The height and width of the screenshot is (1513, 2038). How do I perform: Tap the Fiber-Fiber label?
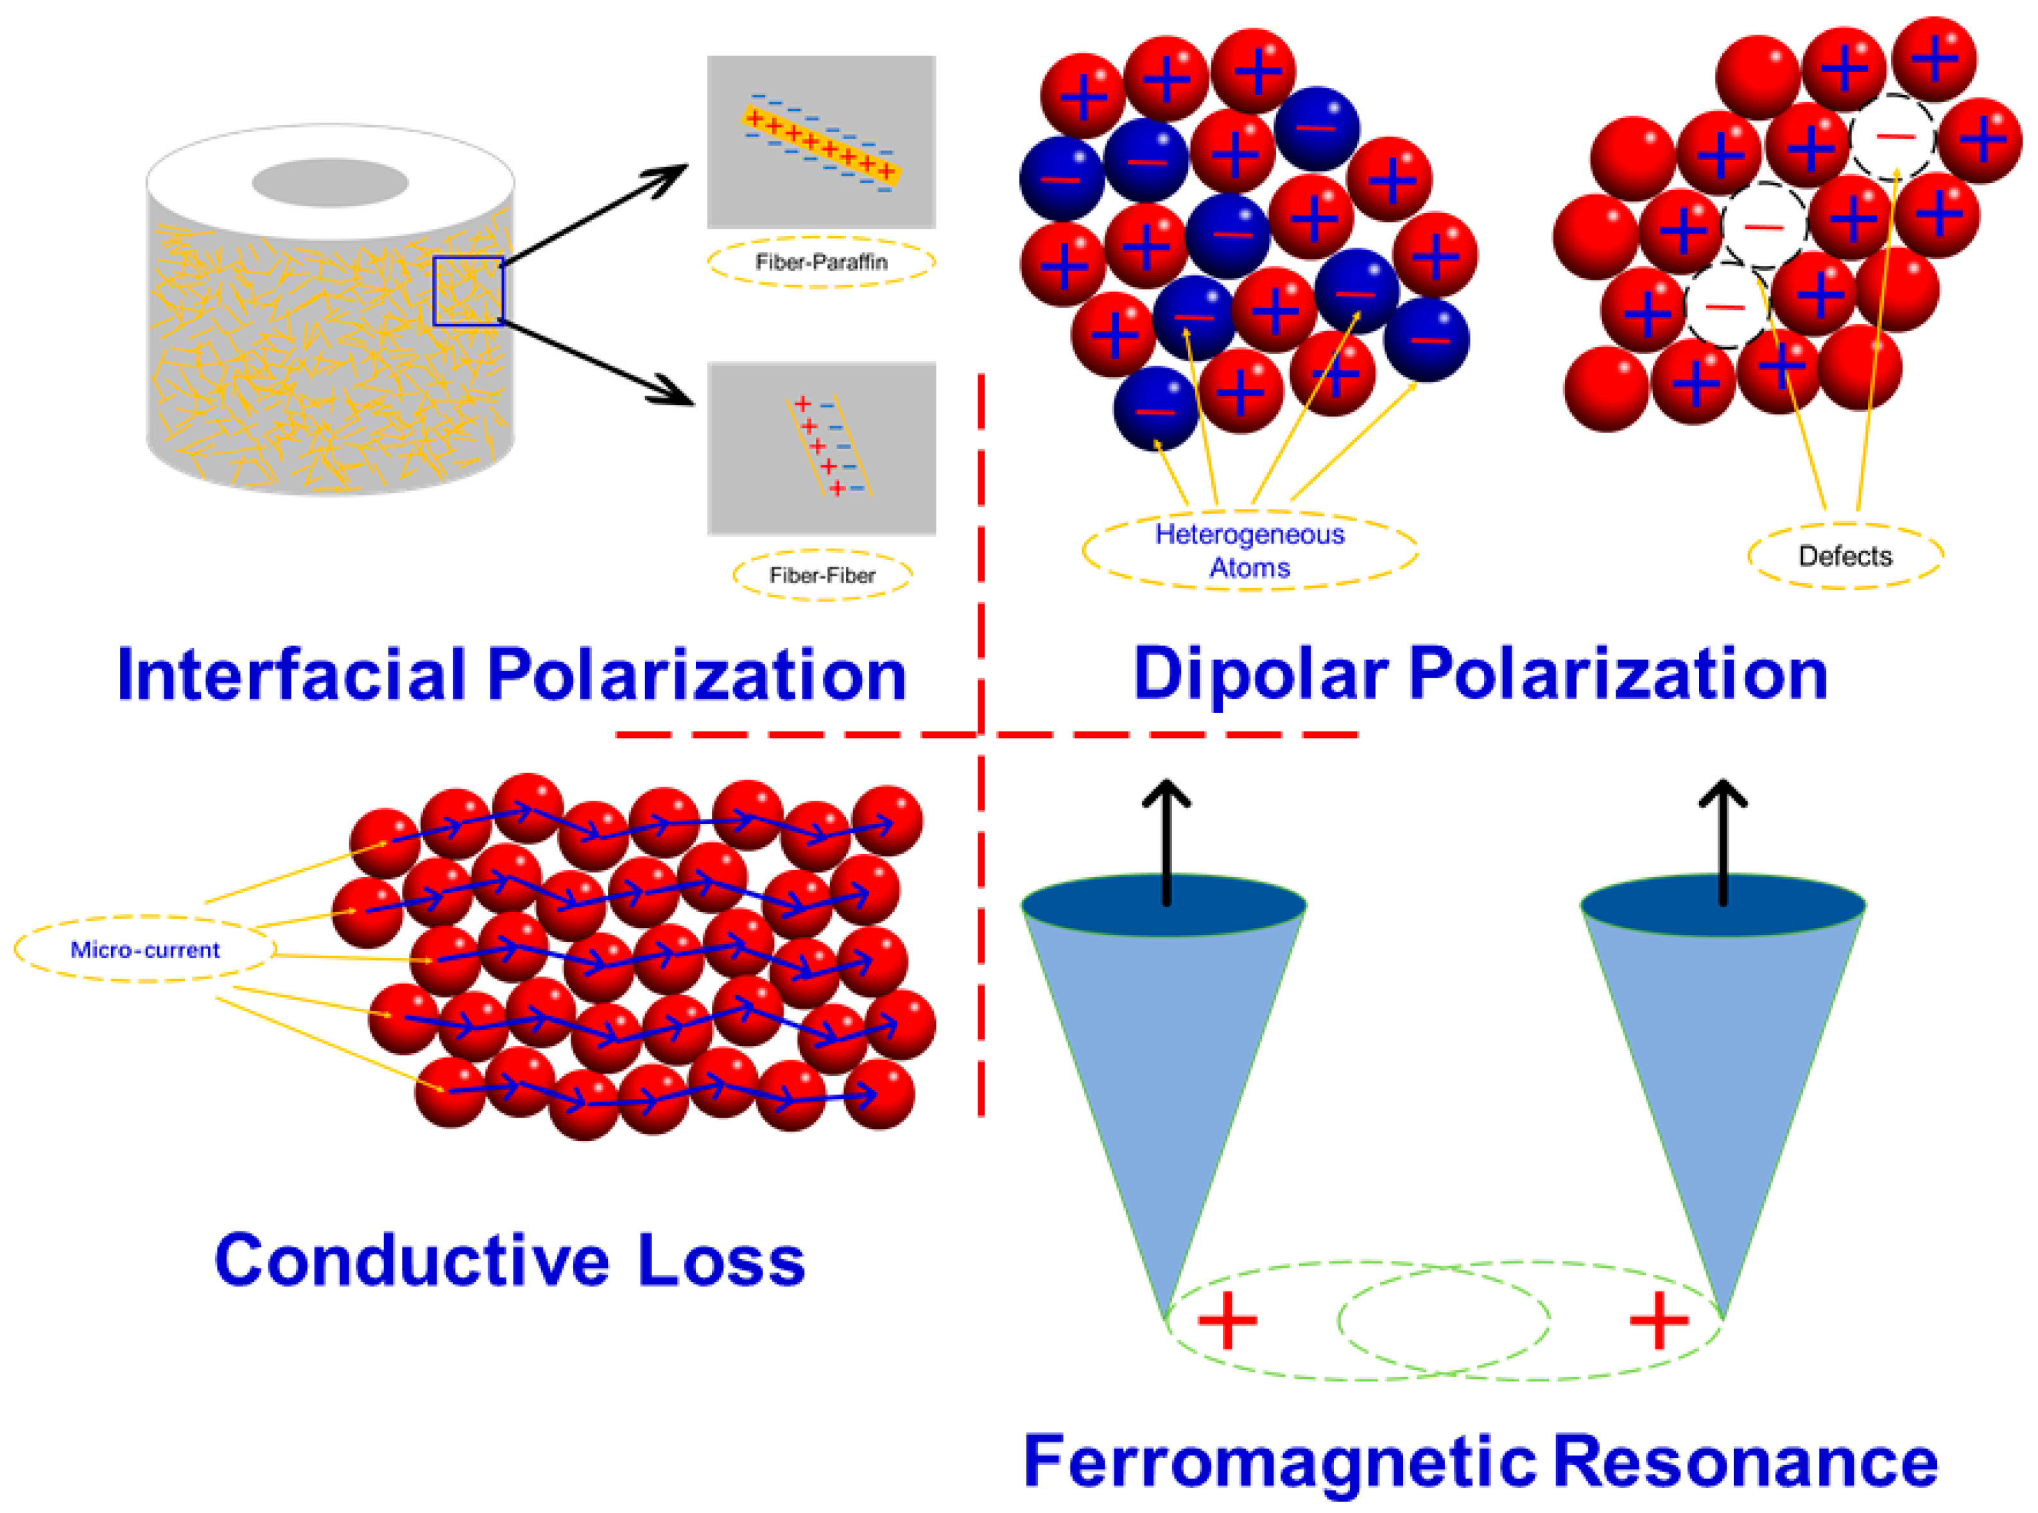[822, 575]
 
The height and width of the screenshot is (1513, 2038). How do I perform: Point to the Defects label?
[1845, 556]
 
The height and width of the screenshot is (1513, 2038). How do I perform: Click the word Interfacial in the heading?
[292, 675]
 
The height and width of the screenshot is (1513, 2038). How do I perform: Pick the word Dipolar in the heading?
[1261, 675]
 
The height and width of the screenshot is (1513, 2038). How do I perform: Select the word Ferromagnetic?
[1279, 1462]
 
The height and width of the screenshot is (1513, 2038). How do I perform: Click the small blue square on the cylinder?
[468, 290]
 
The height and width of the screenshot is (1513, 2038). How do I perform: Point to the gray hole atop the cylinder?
[330, 182]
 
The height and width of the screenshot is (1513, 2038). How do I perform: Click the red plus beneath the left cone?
[1227, 1320]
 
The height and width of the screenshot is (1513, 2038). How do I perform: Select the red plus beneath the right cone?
[1659, 1320]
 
